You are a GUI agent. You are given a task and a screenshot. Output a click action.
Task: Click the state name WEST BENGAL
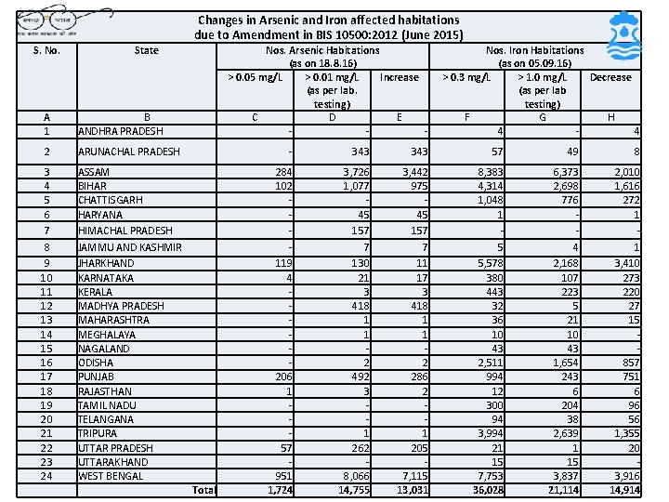(111, 476)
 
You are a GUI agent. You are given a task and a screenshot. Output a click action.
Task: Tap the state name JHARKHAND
(107, 263)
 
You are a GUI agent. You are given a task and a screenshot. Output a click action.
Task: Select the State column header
(146, 50)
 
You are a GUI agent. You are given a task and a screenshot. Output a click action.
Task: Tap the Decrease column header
(610, 77)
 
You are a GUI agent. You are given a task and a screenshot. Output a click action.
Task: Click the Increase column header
(400, 77)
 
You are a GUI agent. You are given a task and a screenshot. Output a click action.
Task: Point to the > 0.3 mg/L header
(466, 77)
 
